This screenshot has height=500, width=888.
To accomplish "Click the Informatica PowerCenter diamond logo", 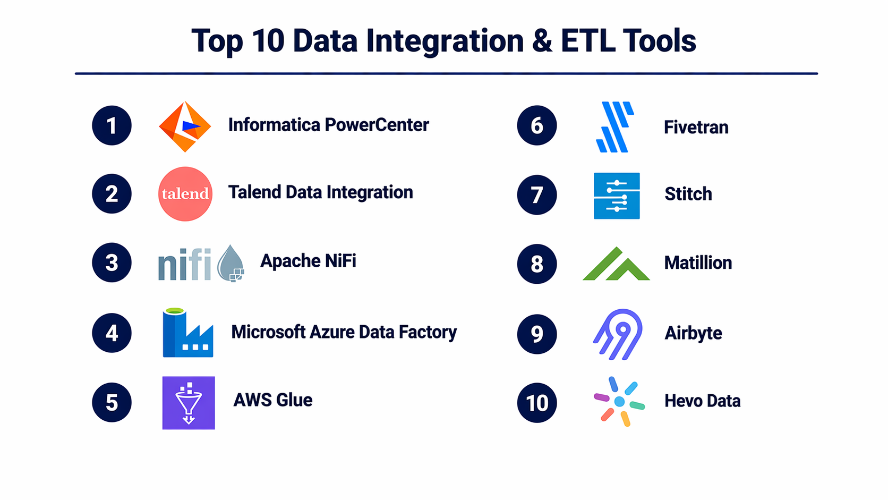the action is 185,126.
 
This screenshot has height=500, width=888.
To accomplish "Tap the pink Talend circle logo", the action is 185,194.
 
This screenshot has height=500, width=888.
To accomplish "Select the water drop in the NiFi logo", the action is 230,263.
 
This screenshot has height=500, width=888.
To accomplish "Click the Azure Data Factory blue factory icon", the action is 188,333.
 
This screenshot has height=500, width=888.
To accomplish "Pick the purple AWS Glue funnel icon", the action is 189,403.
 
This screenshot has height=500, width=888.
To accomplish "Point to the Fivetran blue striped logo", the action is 615,127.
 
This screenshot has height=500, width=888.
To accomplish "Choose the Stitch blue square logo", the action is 617,196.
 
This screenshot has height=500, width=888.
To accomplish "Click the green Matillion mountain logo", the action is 617,264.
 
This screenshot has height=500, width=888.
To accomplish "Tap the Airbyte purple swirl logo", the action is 618,334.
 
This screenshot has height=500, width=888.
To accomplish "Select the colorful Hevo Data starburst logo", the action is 619,402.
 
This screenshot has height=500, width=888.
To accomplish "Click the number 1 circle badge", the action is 112,125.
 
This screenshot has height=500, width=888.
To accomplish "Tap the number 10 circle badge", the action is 537,402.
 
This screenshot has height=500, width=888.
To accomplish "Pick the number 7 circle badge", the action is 537,194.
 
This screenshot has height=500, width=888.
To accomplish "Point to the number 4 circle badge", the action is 112,333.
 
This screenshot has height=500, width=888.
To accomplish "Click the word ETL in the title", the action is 588,41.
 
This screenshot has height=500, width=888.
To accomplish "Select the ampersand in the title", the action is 542,41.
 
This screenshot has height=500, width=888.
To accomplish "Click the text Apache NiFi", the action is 308,261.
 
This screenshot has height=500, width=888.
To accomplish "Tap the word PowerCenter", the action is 377,125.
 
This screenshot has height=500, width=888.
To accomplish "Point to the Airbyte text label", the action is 694,334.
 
